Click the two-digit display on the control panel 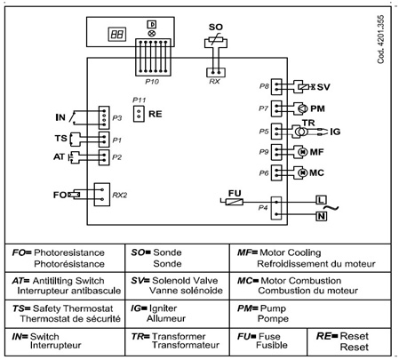(116, 34)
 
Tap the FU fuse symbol (235, 202)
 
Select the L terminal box (321, 200)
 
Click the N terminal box (321, 216)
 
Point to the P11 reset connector (139, 114)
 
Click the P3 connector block (104, 117)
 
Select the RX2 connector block (102, 195)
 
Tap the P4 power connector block (276, 208)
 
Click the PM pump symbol (302, 108)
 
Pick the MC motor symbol (302, 172)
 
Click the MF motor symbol (302, 152)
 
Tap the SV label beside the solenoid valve (323, 87)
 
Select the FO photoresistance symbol (74, 195)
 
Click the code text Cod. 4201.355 (380, 39)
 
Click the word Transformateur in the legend (186, 345)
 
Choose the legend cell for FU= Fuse (268, 341)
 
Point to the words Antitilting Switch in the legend (68, 281)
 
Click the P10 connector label (152, 82)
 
